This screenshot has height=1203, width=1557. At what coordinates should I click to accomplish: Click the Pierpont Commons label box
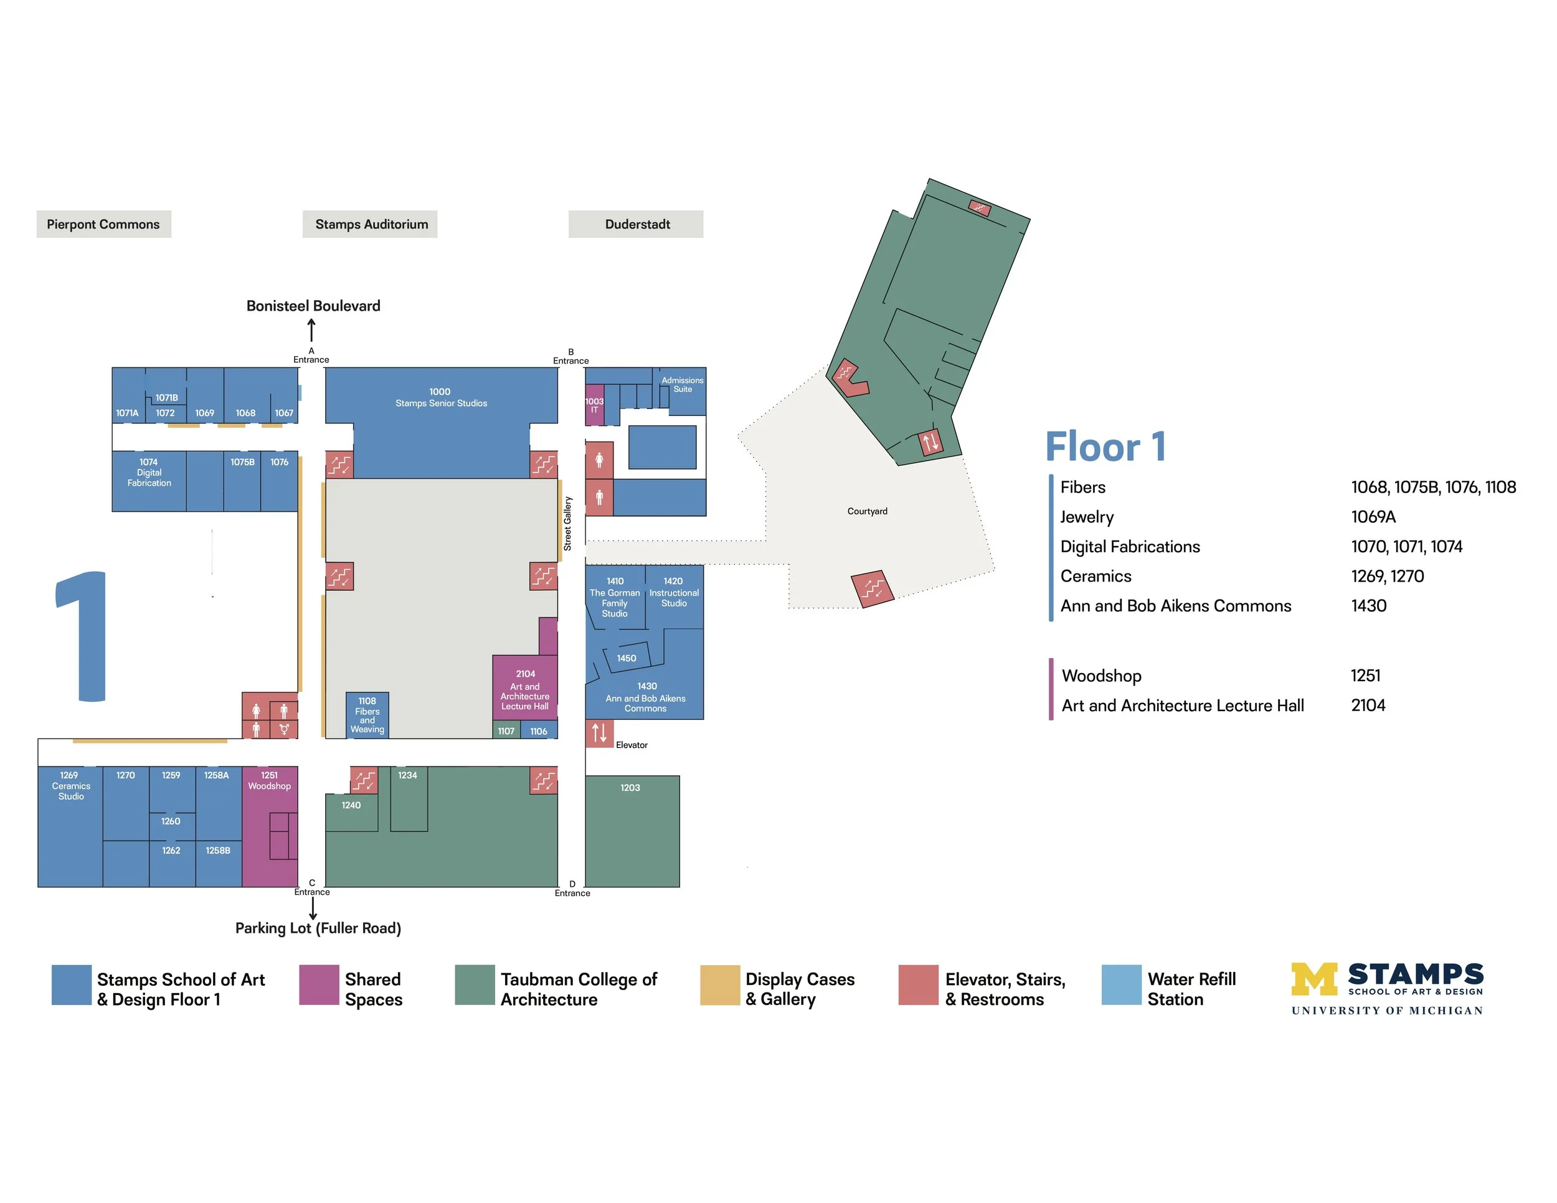click(x=103, y=225)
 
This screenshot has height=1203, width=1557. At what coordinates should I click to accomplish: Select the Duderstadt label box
click(x=636, y=225)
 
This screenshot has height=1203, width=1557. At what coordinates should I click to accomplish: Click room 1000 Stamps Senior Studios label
click(x=440, y=398)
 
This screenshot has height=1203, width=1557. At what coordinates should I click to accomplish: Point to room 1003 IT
click(x=594, y=405)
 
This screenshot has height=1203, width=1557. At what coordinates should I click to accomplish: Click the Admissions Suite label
click(x=682, y=385)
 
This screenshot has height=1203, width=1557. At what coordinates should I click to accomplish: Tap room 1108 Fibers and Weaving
click(x=367, y=715)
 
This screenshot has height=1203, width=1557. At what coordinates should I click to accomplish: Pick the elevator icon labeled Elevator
click(x=600, y=733)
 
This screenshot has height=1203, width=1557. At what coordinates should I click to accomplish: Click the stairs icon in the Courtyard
click(x=873, y=588)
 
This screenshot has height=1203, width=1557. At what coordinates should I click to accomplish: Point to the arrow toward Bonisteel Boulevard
click(x=311, y=330)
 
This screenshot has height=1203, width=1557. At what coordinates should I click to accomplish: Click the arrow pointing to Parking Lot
click(x=312, y=908)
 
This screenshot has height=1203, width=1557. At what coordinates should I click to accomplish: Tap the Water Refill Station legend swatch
click(x=1120, y=985)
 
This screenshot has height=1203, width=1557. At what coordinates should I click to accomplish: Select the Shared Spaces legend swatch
click(x=319, y=985)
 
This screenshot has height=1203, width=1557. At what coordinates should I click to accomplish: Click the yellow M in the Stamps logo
click(x=1314, y=979)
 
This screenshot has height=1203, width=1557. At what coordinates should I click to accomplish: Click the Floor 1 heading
click(x=1105, y=447)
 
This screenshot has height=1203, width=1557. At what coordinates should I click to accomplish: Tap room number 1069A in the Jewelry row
click(x=1373, y=517)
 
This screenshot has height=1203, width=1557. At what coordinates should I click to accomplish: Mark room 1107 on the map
click(x=506, y=730)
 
